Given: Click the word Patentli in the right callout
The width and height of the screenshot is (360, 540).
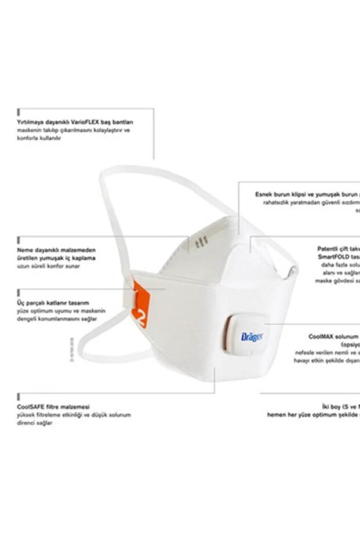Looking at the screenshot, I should click(x=326, y=248).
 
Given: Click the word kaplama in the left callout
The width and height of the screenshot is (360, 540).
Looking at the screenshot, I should click(x=85, y=258).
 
